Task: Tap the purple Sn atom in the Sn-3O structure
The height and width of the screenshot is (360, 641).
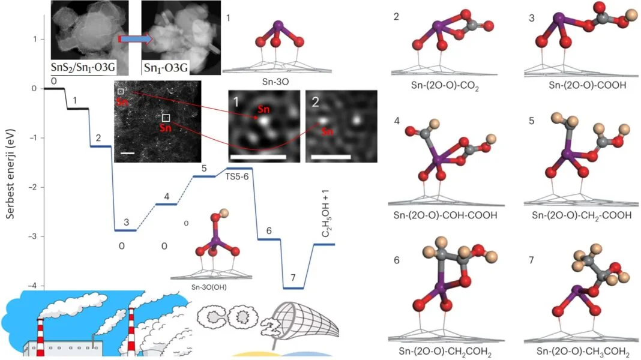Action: (x=277, y=26)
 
